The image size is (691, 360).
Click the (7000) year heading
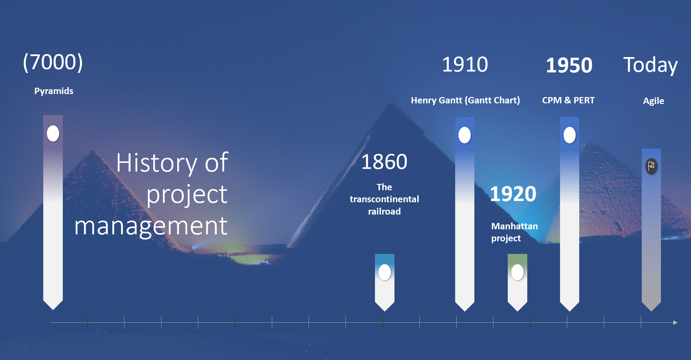tap(53, 62)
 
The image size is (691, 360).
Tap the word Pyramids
tap(54, 91)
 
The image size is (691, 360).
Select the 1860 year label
tap(384, 162)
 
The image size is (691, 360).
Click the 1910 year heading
tap(465, 64)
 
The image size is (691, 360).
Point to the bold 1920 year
tap(513, 194)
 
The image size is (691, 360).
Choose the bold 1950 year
tap(569, 65)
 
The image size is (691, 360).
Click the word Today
tap(650, 65)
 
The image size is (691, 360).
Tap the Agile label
tap(653, 101)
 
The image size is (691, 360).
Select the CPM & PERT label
tap(568, 100)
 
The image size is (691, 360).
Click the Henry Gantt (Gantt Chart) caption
tap(465, 100)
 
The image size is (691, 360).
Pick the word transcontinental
tap(384, 199)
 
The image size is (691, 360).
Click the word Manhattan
tap(515, 226)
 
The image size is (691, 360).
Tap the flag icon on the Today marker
tap(651, 166)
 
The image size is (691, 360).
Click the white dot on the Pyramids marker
tap(53, 133)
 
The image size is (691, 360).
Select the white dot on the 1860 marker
tap(385, 272)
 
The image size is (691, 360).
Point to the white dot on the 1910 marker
tap(464, 135)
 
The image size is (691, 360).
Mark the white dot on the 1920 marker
tap(517, 272)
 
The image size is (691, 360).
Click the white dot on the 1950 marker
tap(570, 135)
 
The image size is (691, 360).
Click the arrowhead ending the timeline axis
tap(675, 322)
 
